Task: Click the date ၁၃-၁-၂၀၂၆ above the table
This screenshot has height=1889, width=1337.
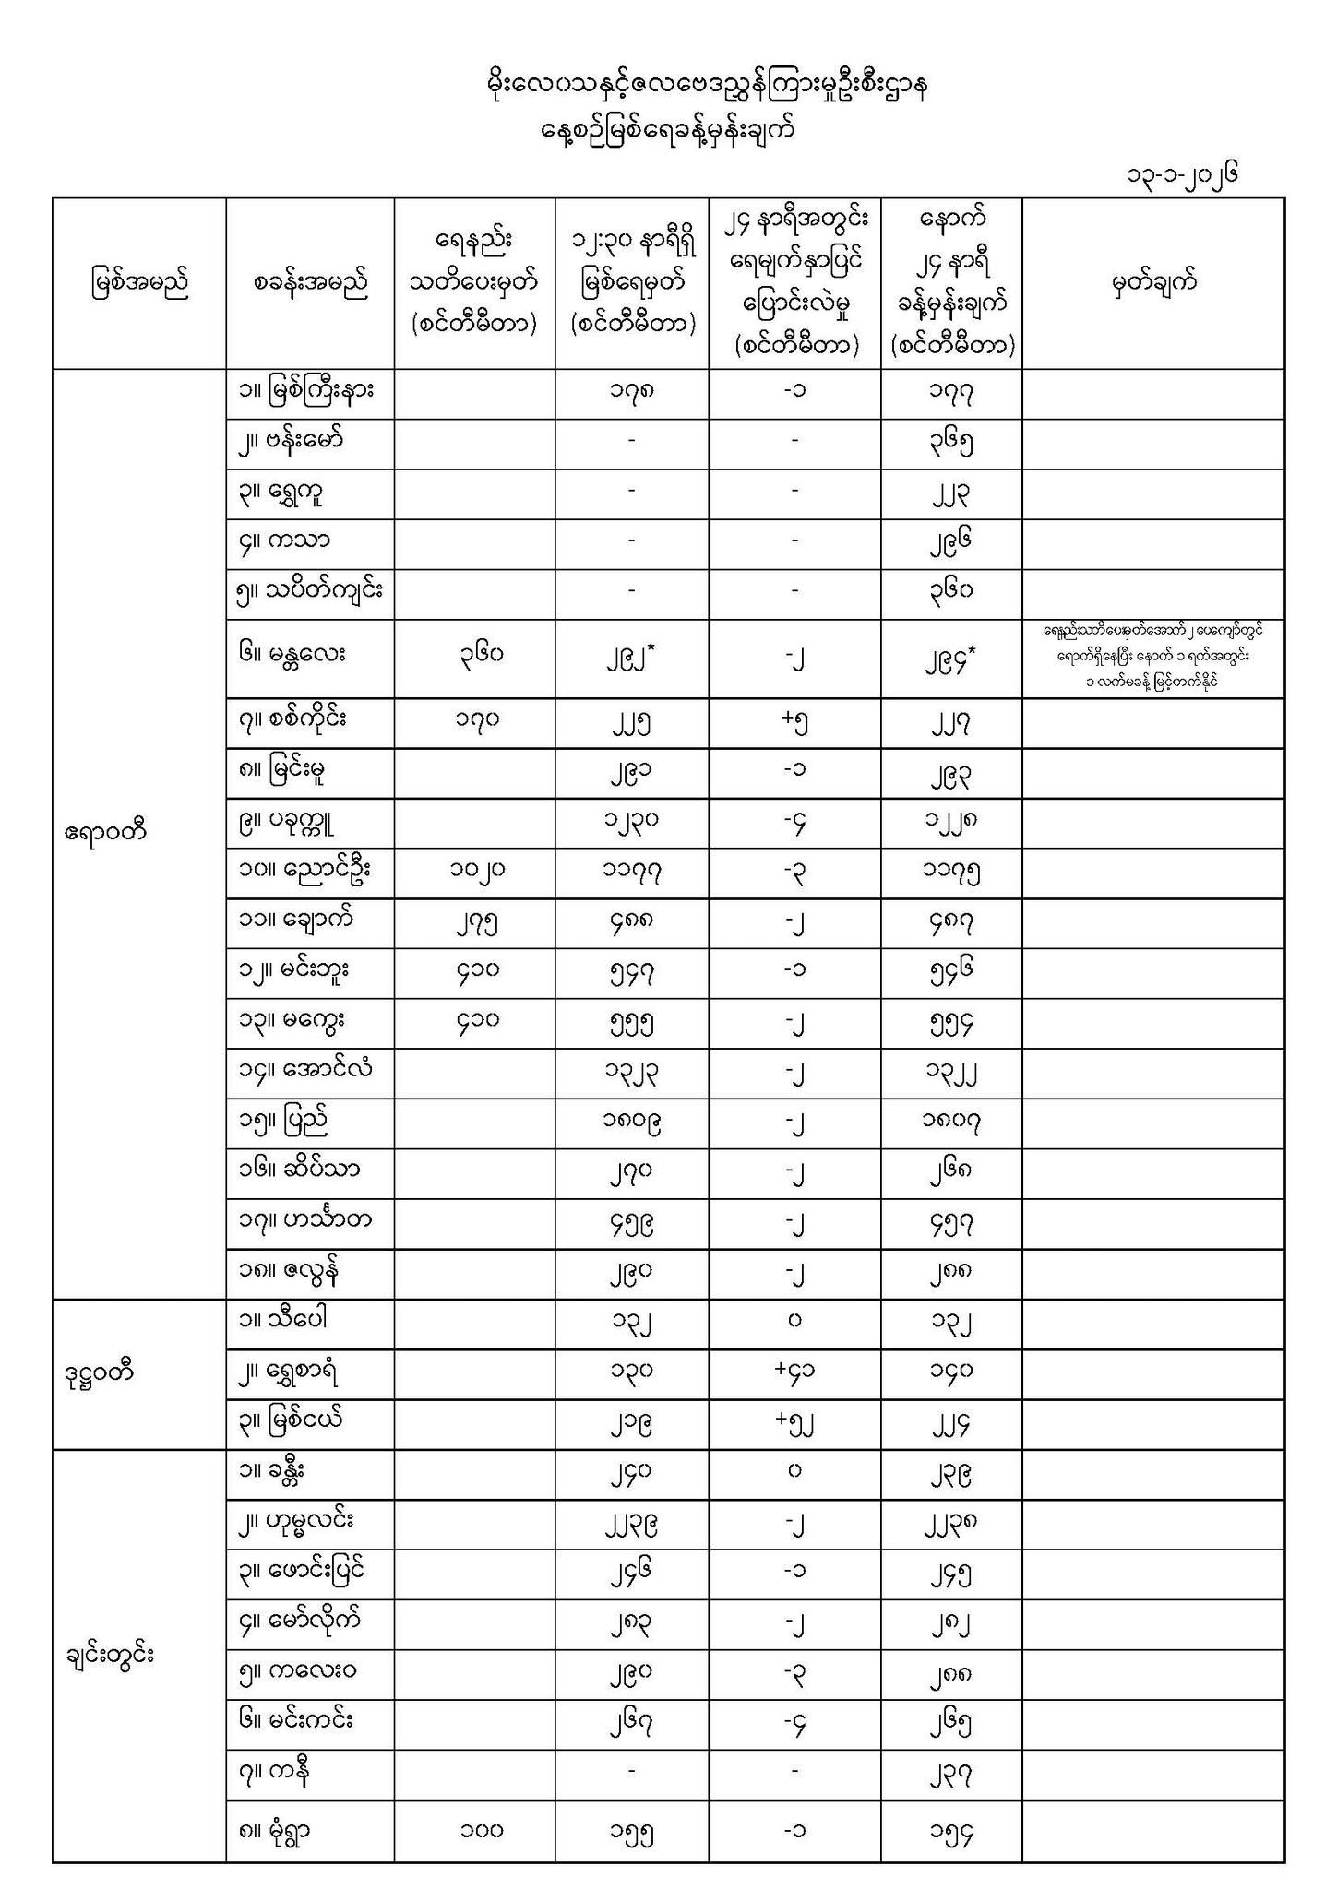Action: pos(1178,174)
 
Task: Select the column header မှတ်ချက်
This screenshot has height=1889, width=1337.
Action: pos(1152,283)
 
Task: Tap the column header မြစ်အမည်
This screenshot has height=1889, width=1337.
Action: pos(139,283)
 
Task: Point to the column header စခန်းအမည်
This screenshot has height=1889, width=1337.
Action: pos(310,283)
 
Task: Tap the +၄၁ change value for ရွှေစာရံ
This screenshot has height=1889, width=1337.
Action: pos(794,1371)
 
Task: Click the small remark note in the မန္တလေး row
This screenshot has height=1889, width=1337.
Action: pos(1152,657)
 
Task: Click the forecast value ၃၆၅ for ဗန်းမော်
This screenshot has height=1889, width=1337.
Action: pos(950,446)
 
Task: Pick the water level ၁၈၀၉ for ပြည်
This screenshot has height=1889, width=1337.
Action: pos(632,1123)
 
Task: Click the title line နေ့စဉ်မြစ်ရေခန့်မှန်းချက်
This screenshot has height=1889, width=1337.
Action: pos(668,131)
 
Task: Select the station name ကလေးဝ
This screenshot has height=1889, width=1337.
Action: pos(298,1671)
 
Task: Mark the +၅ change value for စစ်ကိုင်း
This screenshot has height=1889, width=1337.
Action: pos(794,724)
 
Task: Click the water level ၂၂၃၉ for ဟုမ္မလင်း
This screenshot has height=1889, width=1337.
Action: pos(632,1524)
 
